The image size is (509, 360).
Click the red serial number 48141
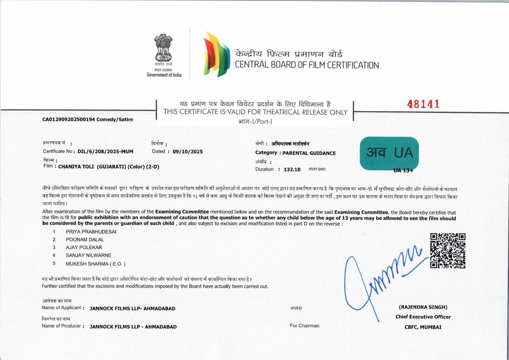[x=423, y=104]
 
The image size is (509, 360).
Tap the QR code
[x=448, y=251]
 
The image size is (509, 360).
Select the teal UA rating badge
[x=389, y=153]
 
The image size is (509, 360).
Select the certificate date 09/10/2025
[x=188, y=151]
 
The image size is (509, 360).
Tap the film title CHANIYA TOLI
[x=76, y=166]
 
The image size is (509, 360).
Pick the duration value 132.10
[x=292, y=169]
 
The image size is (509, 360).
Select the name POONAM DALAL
[x=84, y=239]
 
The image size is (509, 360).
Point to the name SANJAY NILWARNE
[x=89, y=255]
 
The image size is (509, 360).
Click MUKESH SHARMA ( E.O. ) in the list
[x=95, y=263]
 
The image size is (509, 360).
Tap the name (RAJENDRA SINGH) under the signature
[x=423, y=307]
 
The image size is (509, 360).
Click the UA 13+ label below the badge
[x=404, y=170]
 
